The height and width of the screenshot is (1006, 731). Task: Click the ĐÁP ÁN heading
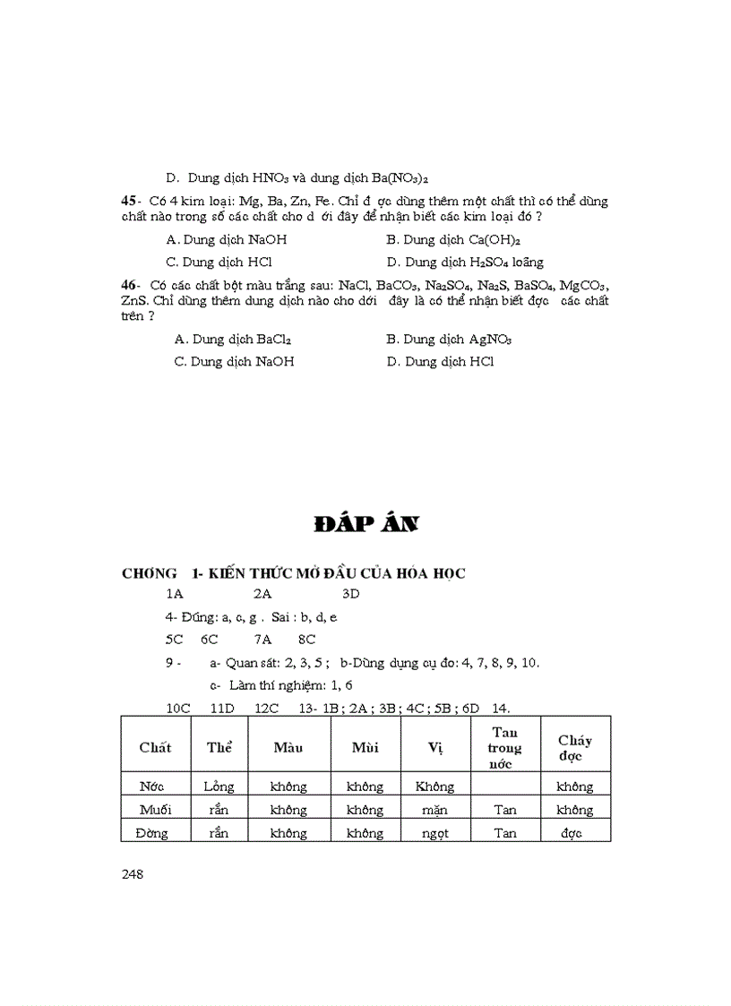click(366, 525)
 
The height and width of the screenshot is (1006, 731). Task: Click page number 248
click(133, 874)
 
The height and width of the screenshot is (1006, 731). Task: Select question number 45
click(129, 202)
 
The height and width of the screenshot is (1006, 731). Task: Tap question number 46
click(129, 284)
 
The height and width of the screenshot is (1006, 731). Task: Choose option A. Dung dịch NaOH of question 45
click(227, 240)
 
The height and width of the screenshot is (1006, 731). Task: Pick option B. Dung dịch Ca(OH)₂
click(453, 240)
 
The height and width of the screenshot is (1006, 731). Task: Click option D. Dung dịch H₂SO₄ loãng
click(465, 262)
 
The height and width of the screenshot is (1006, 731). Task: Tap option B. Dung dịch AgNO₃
click(449, 340)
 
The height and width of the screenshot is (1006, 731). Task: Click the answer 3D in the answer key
click(350, 594)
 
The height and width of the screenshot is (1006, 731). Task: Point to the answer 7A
click(262, 640)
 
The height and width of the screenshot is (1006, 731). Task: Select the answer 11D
click(221, 708)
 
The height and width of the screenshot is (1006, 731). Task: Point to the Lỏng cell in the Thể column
click(219, 787)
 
